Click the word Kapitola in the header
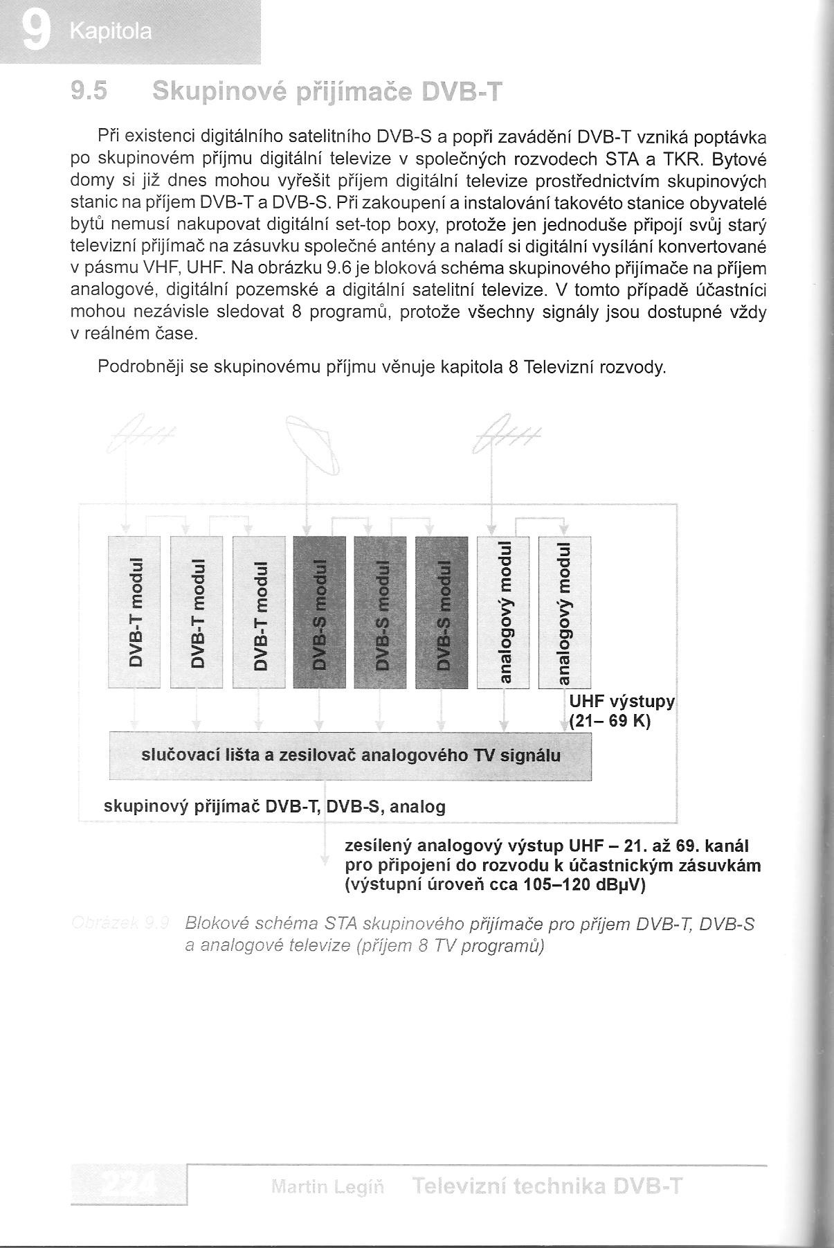[x=111, y=32]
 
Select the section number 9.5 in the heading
[x=89, y=91]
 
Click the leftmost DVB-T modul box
[x=134, y=612]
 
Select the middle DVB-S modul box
[x=380, y=612]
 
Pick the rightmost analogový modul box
[x=565, y=612]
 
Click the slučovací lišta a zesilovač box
[x=351, y=755]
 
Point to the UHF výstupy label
[x=622, y=702]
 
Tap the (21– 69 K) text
[x=610, y=722]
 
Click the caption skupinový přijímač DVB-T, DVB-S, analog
[x=274, y=806]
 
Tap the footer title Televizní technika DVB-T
[x=547, y=1186]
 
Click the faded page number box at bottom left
[x=129, y=1186]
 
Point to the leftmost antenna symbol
[x=141, y=437]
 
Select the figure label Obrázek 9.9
[x=120, y=924]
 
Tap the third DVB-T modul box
[x=259, y=612]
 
